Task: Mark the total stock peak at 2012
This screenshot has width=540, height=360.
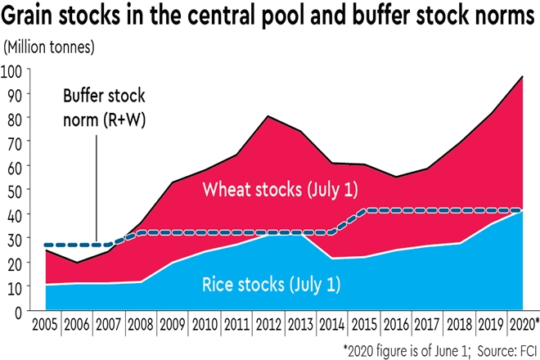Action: pos(270,116)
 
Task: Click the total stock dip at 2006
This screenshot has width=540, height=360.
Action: pos(75,263)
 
